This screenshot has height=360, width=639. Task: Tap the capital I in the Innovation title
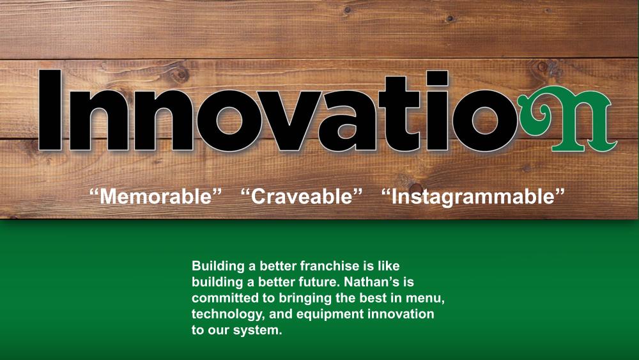50,110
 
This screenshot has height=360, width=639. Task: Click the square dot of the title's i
437,78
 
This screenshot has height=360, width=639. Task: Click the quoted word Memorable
155,196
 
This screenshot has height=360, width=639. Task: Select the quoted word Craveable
302,196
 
